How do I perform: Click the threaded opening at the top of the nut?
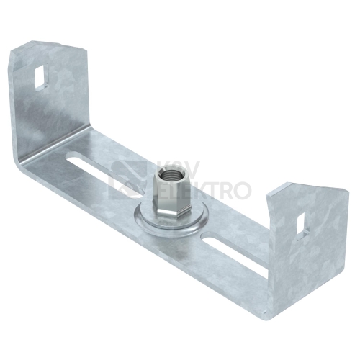(x=165, y=172)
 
